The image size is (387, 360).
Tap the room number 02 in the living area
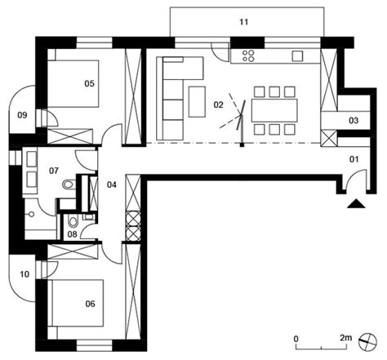(x=217, y=104)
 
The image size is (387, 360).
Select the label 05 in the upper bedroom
(x=90, y=82)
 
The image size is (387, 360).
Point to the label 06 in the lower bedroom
(x=90, y=304)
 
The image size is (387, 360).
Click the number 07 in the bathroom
(x=54, y=171)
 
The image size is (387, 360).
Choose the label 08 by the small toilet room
(x=73, y=235)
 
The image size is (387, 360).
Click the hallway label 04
(x=112, y=184)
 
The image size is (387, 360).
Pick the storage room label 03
(x=353, y=120)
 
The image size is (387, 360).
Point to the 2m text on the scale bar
(x=346, y=336)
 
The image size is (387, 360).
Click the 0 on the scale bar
(x=297, y=336)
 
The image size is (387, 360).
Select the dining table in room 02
(x=274, y=109)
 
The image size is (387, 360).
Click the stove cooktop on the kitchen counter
(x=247, y=57)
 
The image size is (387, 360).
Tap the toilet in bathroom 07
(x=69, y=187)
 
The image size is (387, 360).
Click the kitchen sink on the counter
(x=296, y=56)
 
